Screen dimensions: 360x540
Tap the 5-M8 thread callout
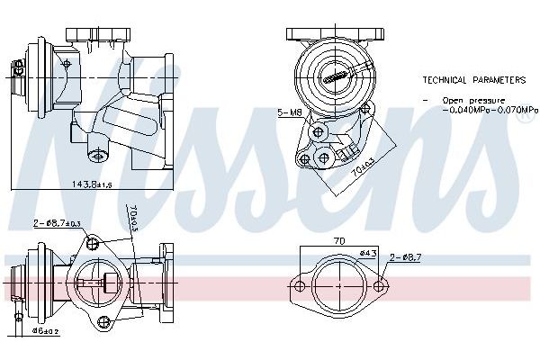click(290, 114)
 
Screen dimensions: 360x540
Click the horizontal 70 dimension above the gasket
click(338, 242)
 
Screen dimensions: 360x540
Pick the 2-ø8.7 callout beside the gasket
click(405, 259)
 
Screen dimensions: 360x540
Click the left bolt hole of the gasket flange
click(300, 287)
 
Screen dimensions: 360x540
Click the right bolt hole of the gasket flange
click(379, 287)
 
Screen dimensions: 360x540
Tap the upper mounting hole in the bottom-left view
click(93, 242)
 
